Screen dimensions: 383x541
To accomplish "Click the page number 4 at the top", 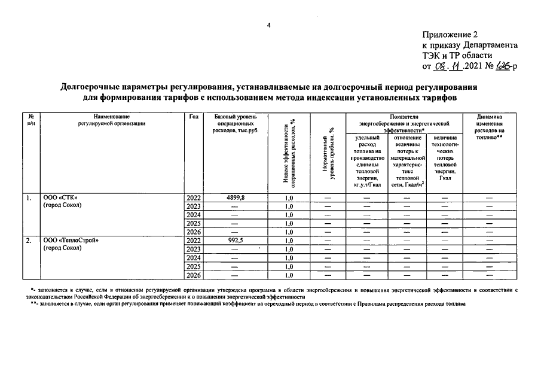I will [x=269, y=25].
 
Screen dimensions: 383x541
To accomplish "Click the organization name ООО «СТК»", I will [x=60, y=197].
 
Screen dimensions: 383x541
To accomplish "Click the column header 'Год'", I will [x=194, y=116].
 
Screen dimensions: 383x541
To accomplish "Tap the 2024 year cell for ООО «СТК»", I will [x=194, y=215].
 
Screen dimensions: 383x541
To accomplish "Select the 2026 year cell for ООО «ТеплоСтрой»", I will [x=194, y=275].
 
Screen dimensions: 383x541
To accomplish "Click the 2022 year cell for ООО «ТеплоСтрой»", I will [x=194, y=241].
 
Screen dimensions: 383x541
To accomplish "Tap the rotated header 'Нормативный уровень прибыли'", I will [x=329, y=159].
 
